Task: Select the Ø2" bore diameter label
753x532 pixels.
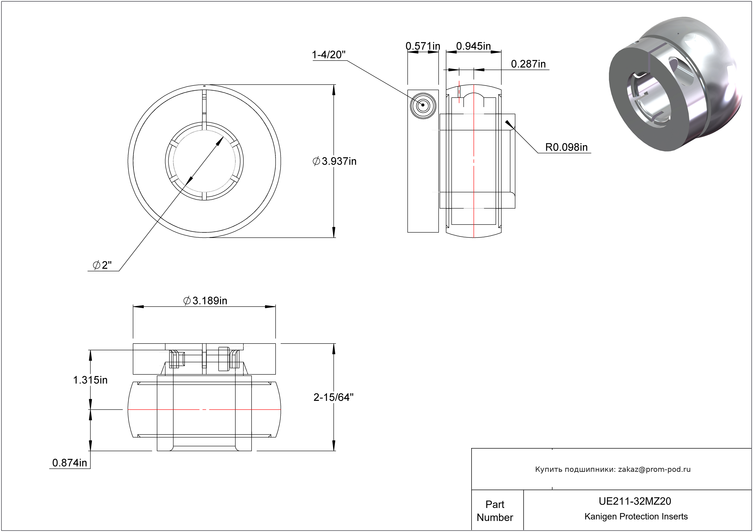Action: click(102, 265)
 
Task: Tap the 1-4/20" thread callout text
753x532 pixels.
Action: click(329, 55)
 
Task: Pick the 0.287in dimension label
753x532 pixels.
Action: click(528, 64)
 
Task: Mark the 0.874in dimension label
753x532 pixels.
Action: click(70, 463)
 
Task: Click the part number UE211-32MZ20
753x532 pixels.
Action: click(635, 501)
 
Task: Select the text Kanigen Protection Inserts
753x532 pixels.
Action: click(636, 517)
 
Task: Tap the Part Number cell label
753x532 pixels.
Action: click(495, 511)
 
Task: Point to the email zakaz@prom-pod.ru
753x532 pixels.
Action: click(654, 469)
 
